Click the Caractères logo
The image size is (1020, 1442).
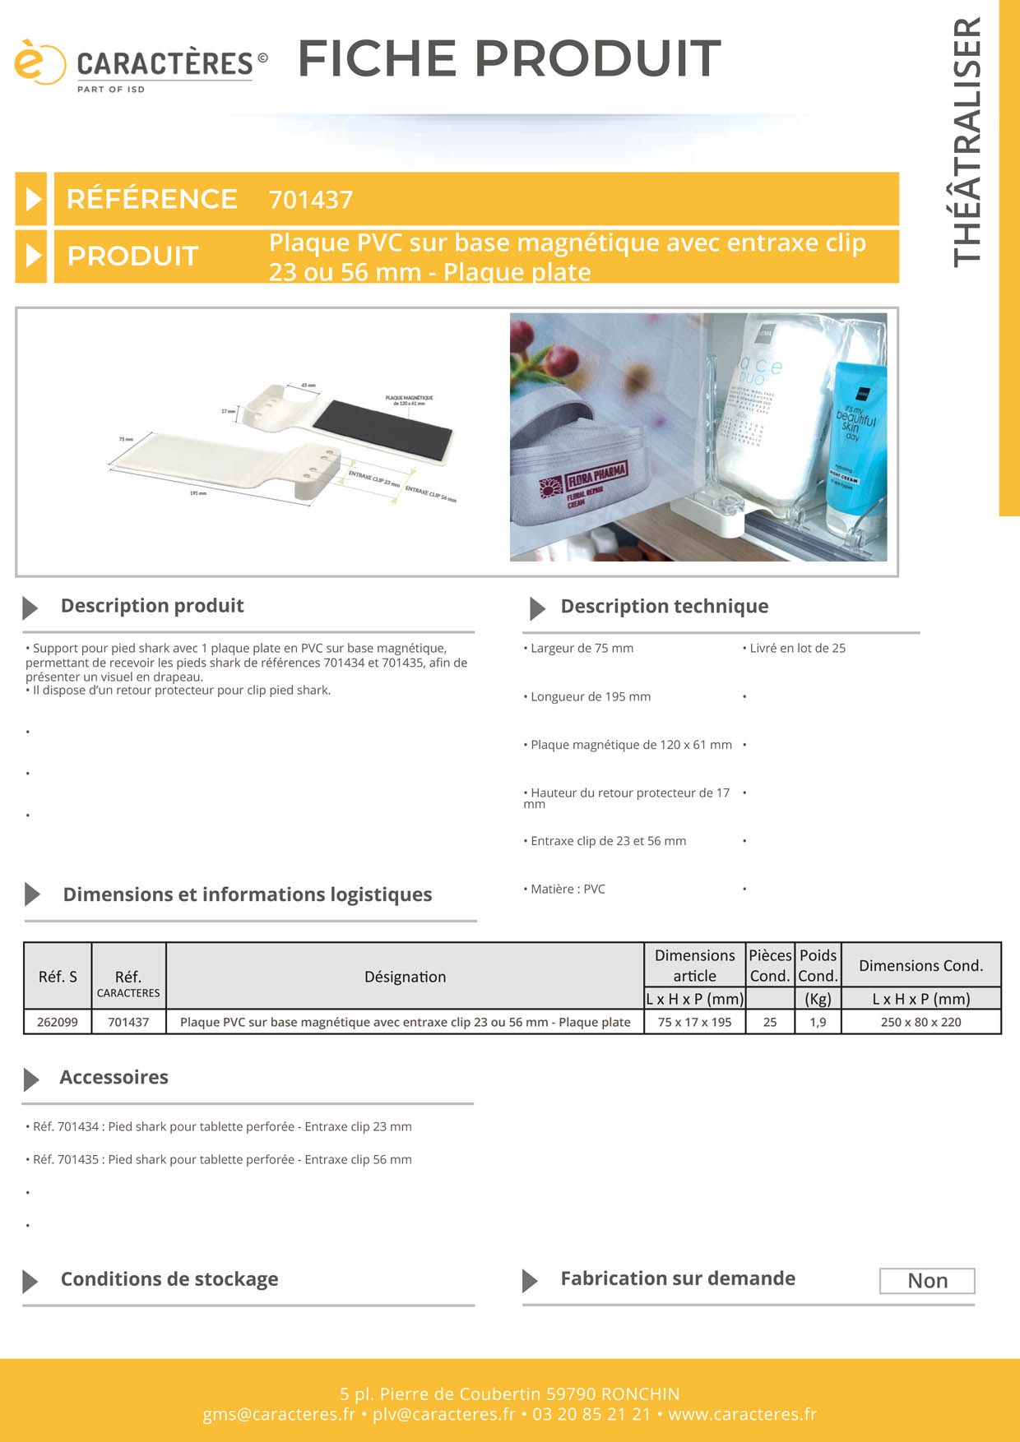[x=140, y=64]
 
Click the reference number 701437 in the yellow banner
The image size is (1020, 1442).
[x=311, y=200]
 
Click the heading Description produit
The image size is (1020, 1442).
[x=152, y=606]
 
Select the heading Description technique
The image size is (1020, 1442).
[x=664, y=607]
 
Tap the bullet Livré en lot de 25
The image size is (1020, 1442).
[x=796, y=648]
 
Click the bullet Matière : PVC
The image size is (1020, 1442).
[x=567, y=889]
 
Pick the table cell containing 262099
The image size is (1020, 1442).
[x=58, y=1022]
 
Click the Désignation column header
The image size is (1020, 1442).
[x=405, y=977]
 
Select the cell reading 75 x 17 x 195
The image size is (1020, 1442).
[x=694, y=1022]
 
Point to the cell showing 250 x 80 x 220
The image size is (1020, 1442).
[x=920, y=1022]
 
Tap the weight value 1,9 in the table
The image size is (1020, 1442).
[x=818, y=1022]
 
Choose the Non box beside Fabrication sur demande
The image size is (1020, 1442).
[x=927, y=1281]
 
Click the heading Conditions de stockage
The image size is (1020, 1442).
[x=169, y=1279]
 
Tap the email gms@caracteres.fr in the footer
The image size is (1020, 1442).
[x=279, y=1414]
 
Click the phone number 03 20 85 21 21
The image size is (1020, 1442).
[x=591, y=1414]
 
